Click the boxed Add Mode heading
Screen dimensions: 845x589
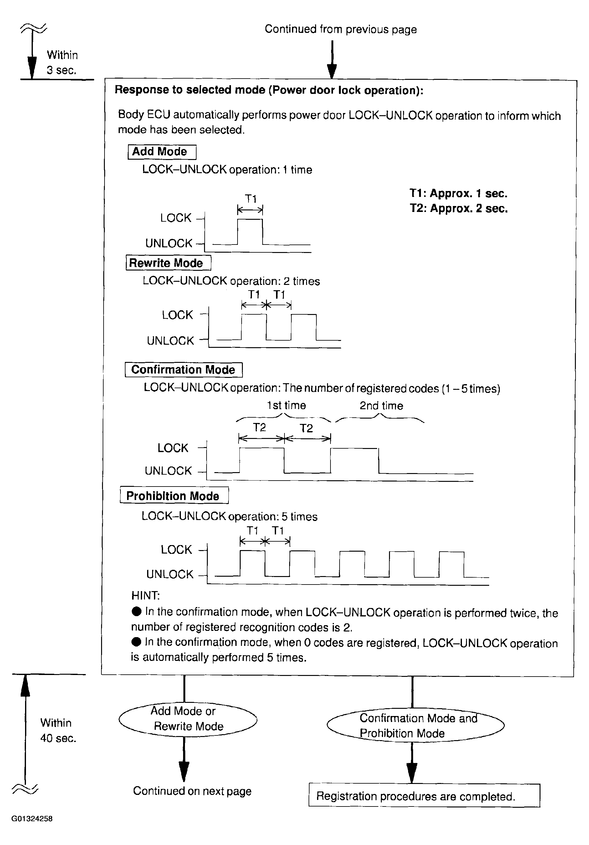(x=161, y=152)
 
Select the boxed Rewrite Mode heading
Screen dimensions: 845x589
(x=168, y=263)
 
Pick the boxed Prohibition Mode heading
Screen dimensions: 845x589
(x=174, y=495)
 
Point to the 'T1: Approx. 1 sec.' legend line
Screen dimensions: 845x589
(x=458, y=193)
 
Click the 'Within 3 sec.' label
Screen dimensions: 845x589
(x=62, y=63)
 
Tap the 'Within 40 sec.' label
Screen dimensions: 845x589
(x=58, y=730)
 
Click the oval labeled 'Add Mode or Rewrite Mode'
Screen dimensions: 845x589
(x=188, y=719)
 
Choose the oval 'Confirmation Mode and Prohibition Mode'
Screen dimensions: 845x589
(x=415, y=725)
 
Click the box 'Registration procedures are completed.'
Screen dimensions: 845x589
(x=424, y=796)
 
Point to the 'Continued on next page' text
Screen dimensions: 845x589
(x=192, y=791)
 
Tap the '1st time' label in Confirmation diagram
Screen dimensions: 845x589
(x=286, y=405)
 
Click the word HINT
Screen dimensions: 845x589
(x=145, y=595)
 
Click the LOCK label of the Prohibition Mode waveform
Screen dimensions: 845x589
(x=176, y=549)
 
